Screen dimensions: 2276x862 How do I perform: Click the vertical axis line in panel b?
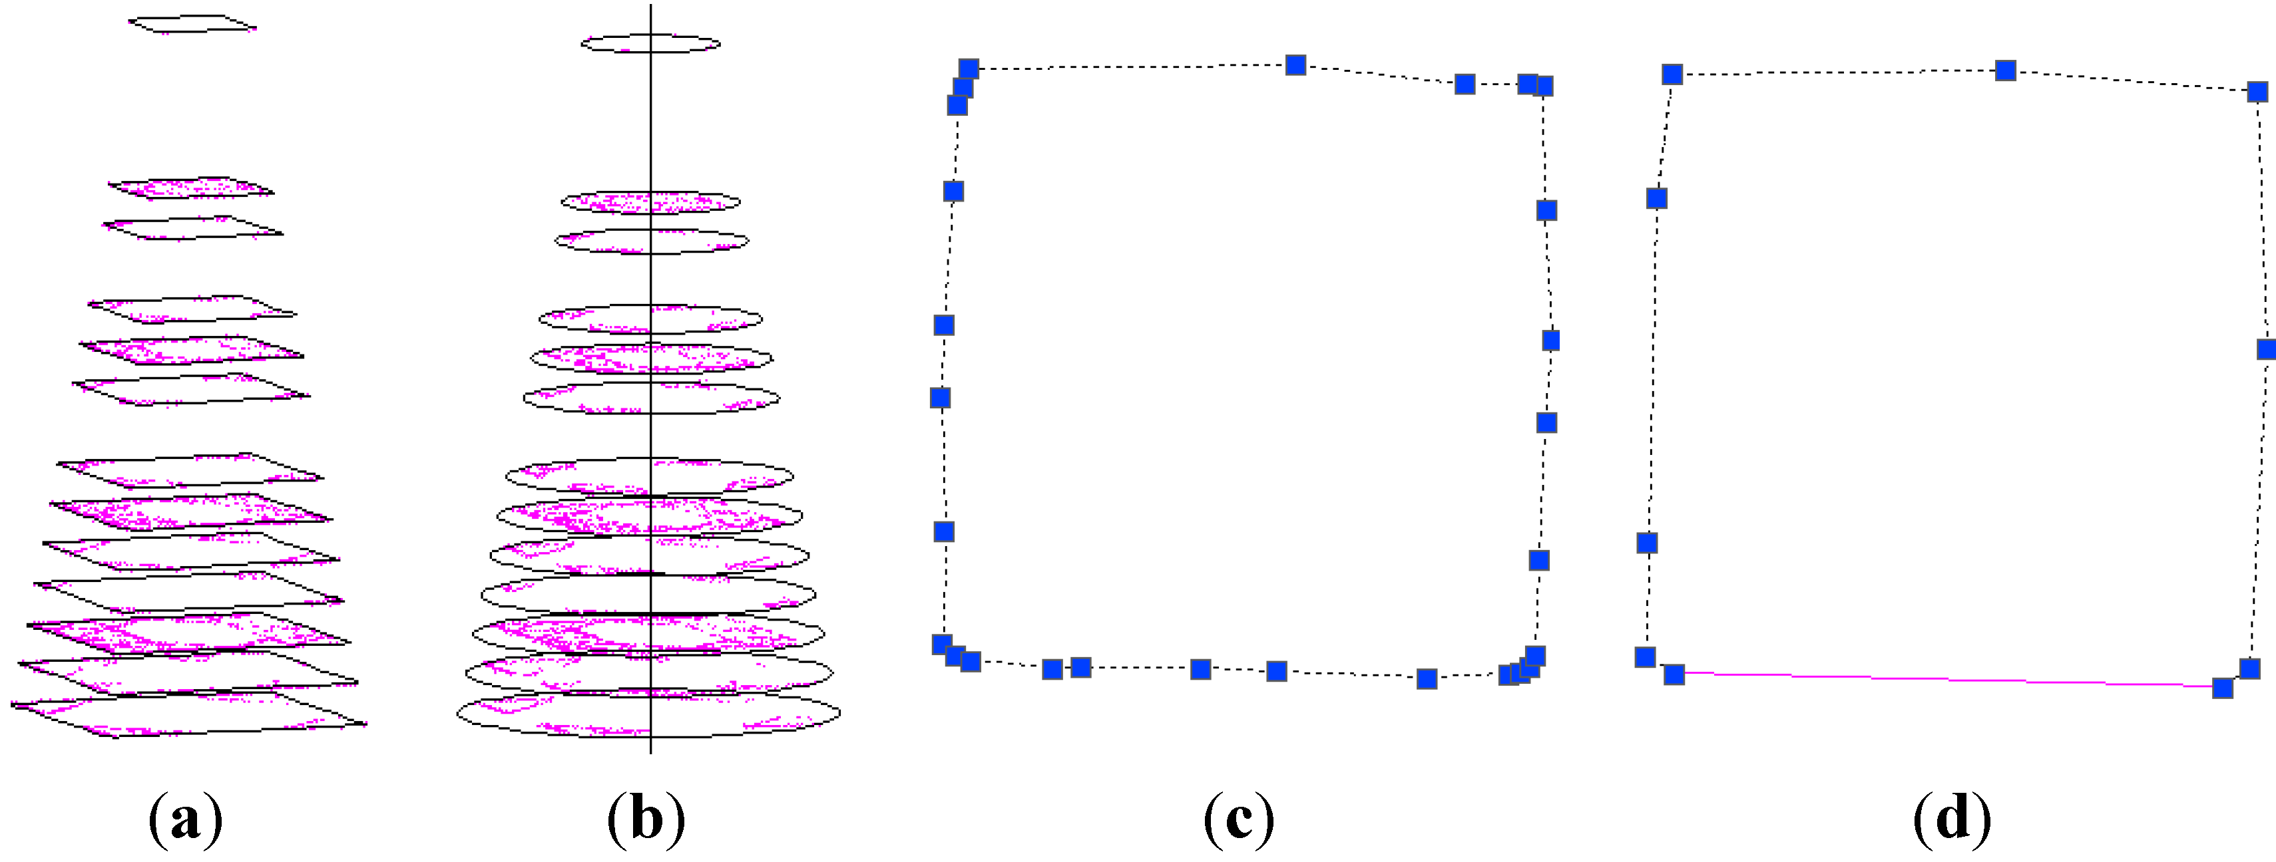pyautogui.click(x=651, y=380)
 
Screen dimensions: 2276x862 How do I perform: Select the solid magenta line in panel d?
pyautogui.click(x=1948, y=680)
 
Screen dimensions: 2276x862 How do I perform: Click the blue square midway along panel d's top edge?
pyautogui.click(x=2006, y=70)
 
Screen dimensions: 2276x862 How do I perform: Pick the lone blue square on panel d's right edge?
pyautogui.click(x=2266, y=350)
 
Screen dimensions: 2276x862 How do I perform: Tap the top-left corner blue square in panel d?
pyautogui.click(x=1672, y=74)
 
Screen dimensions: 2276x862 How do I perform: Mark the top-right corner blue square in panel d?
pyautogui.click(x=2257, y=92)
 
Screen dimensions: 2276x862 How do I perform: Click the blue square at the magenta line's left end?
pyautogui.click(x=1674, y=674)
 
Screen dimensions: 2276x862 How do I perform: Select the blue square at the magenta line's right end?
pyautogui.click(x=2223, y=688)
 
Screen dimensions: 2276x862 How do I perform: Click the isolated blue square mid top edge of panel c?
pyautogui.click(x=1295, y=65)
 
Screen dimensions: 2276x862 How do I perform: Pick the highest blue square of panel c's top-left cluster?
pyautogui.click(x=969, y=69)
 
